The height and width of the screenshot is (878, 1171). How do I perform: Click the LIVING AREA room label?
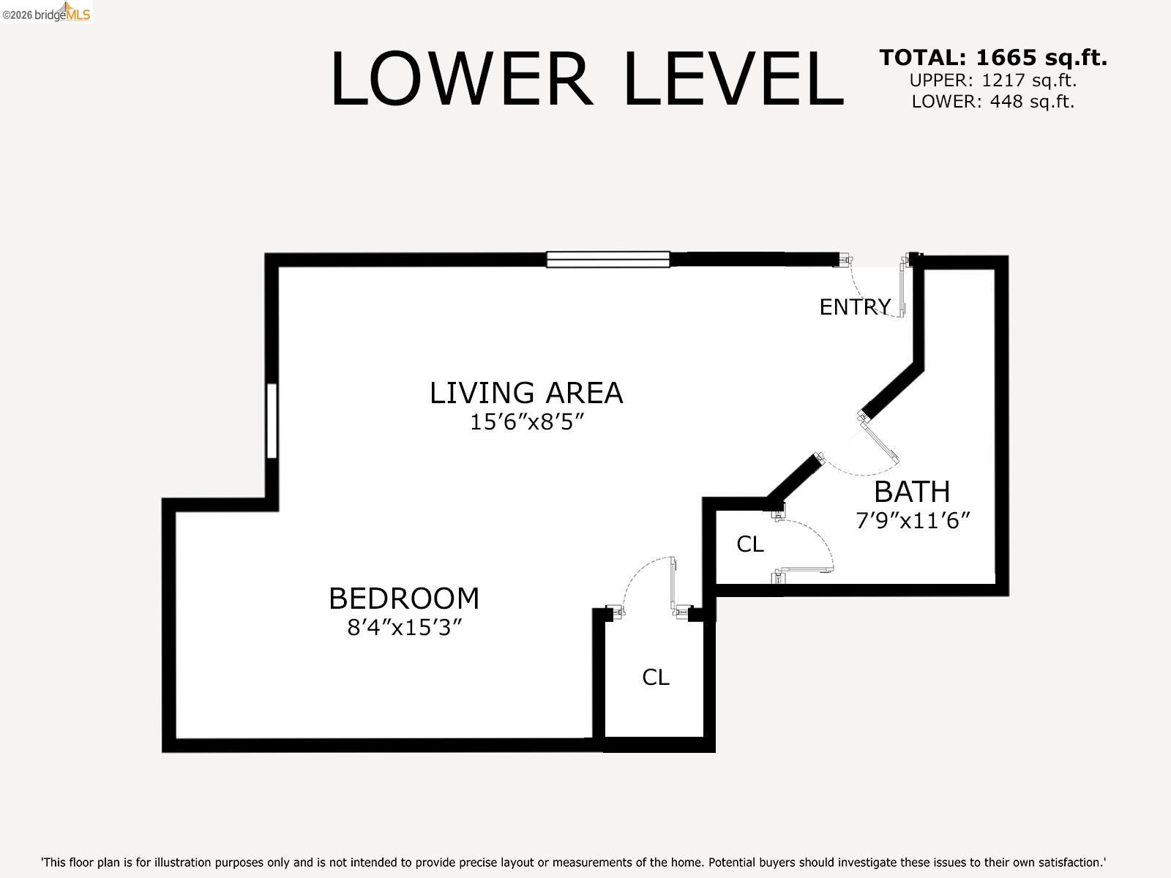click(525, 393)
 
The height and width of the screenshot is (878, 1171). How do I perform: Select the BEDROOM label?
click(403, 599)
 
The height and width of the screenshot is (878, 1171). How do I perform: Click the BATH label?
click(912, 492)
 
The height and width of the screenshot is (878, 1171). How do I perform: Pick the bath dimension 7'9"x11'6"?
click(912, 521)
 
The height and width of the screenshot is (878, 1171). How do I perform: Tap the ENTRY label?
click(854, 307)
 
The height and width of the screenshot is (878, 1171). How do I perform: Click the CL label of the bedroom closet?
click(655, 678)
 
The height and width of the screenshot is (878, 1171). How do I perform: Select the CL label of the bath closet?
click(749, 544)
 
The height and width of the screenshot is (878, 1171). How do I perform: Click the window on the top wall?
click(607, 259)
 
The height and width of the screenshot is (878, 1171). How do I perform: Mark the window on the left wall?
click(272, 421)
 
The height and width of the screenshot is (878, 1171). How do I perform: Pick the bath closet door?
click(805, 569)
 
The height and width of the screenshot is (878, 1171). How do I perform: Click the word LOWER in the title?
click(460, 79)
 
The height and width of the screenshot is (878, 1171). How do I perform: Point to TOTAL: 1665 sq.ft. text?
click(992, 57)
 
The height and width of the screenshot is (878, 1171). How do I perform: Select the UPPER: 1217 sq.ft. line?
click(992, 80)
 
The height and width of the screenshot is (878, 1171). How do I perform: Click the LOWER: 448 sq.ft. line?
click(992, 102)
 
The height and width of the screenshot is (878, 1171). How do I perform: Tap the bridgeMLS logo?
click(46, 12)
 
